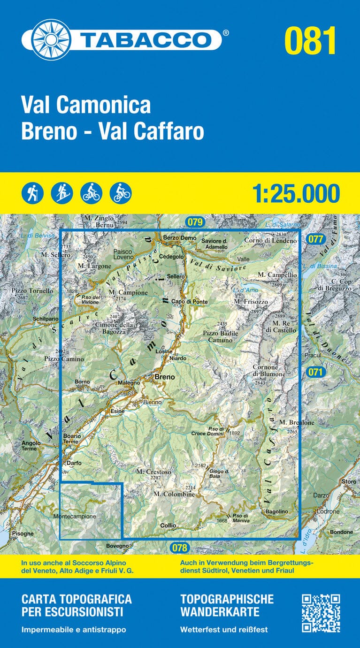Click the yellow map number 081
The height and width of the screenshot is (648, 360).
coord(310,41)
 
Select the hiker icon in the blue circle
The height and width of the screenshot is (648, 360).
coord(32,192)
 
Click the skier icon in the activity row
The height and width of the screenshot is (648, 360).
coord(62,192)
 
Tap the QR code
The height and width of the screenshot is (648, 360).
coord(321,613)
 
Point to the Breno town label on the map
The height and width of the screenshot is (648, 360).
coord(164,377)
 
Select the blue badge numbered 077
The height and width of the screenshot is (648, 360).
coord(316,239)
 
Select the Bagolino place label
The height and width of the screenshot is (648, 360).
coord(276,511)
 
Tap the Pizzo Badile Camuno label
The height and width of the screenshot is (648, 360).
coord(220,336)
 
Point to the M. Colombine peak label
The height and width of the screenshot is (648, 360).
coord(174,494)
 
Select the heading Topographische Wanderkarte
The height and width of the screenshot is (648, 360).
coord(226,605)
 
